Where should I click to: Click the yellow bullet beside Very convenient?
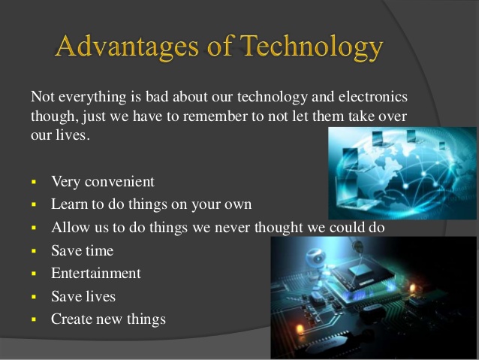coord(34,182)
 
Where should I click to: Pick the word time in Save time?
coord(99,250)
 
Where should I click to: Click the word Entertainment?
coord(95,273)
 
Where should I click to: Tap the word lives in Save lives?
coord(99,296)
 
